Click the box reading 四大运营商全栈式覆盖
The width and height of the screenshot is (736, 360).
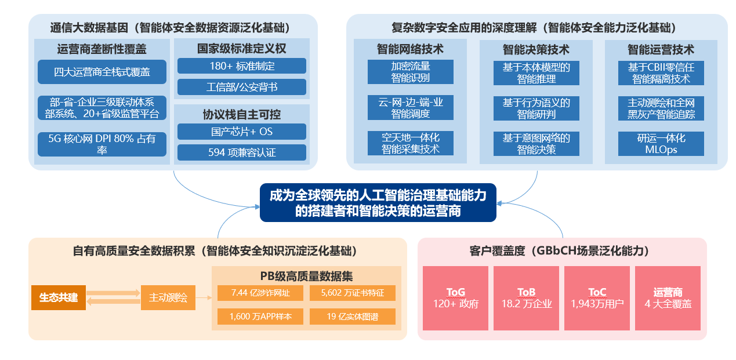tap(101, 72)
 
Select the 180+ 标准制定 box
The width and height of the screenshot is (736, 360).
tap(242, 66)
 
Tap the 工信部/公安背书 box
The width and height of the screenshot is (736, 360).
tap(242, 87)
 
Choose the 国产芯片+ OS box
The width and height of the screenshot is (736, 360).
tap(242, 132)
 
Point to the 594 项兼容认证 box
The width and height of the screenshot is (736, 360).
tap(242, 152)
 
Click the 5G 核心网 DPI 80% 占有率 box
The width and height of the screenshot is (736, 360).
tap(101, 144)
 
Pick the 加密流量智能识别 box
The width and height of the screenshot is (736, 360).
tap(411, 72)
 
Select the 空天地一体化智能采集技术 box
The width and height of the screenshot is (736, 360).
tap(411, 143)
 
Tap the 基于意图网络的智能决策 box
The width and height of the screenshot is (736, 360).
tap(536, 143)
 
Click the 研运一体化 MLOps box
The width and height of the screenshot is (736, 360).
tap(661, 143)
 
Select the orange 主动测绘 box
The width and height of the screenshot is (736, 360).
tap(168, 298)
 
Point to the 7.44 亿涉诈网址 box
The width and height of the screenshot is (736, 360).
tap(260, 293)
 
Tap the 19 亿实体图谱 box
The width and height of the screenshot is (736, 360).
tap(353, 317)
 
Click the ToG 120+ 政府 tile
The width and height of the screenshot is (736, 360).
tap(456, 298)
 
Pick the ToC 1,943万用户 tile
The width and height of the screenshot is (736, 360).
tap(597, 298)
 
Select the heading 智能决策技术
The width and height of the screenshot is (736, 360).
tap(536, 49)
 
